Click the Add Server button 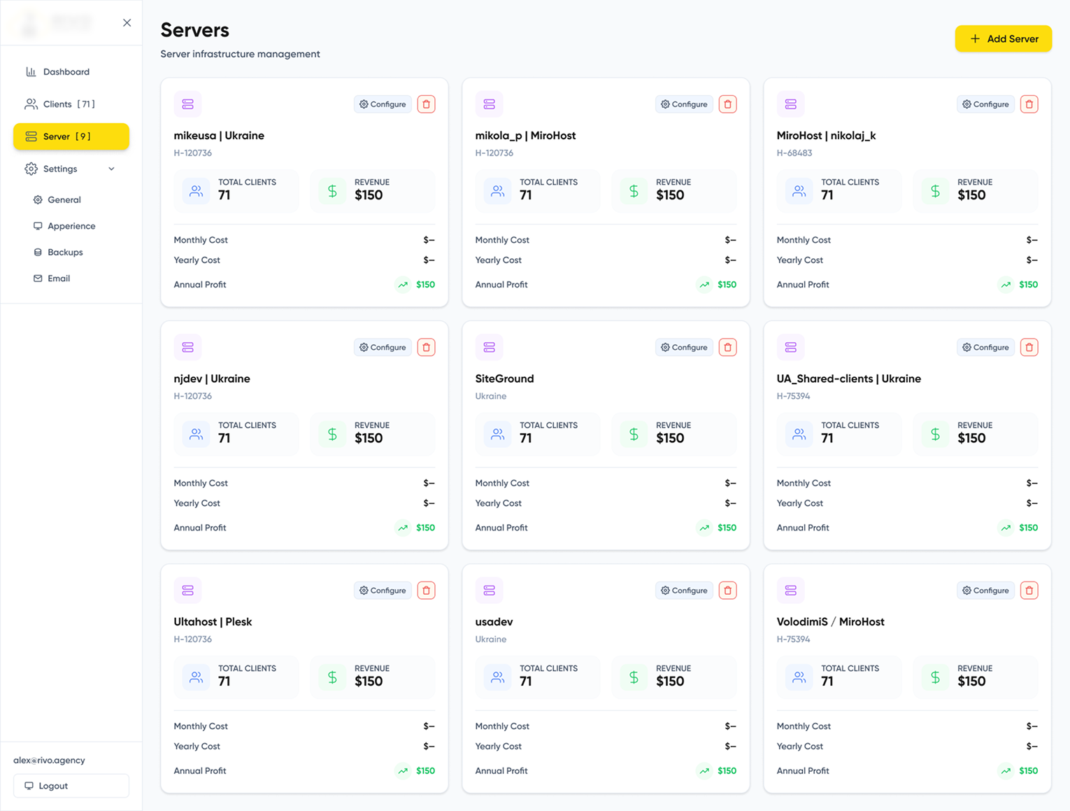tap(1003, 39)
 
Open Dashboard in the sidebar tap(66, 72)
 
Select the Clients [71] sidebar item tap(69, 104)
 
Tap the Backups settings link tap(65, 253)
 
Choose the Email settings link tap(59, 278)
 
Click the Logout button tap(71, 786)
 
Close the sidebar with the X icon tap(127, 23)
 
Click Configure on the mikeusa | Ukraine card tap(383, 104)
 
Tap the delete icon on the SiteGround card tap(727, 348)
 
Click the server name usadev tap(494, 622)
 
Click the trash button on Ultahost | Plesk tap(426, 591)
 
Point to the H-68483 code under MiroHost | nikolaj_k tap(794, 153)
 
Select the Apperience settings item tap(71, 226)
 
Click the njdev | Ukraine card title tap(212, 379)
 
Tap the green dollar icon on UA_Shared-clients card tap(935, 435)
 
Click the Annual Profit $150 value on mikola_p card tap(727, 285)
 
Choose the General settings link tap(64, 200)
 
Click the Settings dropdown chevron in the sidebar tap(111, 169)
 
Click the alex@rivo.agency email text tap(49, 761)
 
